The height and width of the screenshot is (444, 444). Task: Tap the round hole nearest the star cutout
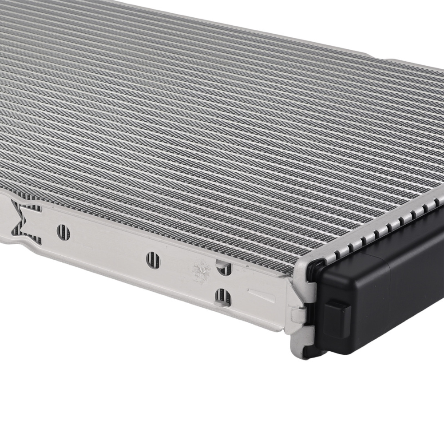pos(63,232)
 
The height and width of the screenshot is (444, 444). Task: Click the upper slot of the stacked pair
pos(223,268)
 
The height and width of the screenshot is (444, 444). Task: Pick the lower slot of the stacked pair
pos(222,297)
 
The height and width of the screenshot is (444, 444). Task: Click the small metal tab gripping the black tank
pos(298,317)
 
